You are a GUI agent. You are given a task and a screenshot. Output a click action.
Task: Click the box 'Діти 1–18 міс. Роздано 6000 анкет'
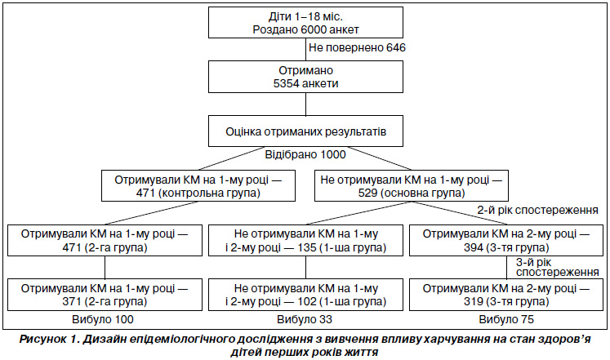point(305,23)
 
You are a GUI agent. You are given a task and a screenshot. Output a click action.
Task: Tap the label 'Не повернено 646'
point(357,48)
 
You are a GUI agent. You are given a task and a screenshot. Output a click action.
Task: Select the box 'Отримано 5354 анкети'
point(305,77)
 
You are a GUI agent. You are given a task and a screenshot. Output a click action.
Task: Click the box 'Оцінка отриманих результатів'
point(305,131)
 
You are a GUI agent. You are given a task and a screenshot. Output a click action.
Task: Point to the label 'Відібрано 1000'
point(305,155)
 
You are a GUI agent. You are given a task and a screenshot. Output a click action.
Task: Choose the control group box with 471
point(198,186)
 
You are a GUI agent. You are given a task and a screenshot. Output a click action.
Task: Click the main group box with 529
point(412,186)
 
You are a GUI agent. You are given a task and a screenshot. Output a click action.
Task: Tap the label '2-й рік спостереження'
point(537,211)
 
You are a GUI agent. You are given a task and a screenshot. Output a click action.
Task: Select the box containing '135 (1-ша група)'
point(305,240)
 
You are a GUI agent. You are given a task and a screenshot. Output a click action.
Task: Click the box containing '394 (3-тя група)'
point(506,240)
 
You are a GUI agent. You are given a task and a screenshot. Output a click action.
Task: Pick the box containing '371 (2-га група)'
point(105,295)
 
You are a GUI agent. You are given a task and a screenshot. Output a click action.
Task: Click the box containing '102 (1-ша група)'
point(305,295)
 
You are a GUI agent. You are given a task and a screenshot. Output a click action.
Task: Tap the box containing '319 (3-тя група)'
point(506,295)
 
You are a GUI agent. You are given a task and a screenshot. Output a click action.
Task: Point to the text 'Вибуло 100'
point(103,319)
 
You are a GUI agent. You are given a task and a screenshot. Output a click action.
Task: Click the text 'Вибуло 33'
point(305,319)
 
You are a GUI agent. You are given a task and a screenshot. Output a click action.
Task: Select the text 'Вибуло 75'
point(506,319)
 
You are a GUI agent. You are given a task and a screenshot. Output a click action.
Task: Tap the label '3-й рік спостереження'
point(557,267)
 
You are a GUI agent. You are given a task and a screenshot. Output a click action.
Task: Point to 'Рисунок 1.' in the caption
point(49,340)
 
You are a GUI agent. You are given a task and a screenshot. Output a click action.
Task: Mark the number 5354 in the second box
point(287,83)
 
